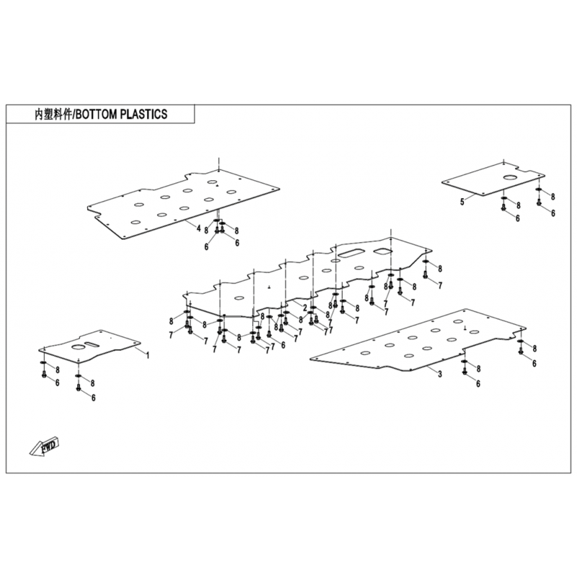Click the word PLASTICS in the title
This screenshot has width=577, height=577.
tap(144, 114)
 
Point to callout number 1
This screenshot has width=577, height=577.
tap(147, 355)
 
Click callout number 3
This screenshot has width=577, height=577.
tap(439, 374)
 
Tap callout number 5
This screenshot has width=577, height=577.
tap(462, 203)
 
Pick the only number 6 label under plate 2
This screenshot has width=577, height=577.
tap(283, 345)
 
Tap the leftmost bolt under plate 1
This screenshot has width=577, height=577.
tap(44, 375)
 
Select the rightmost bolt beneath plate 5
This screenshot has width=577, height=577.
tap(539, 203)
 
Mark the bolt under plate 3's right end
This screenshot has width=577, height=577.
tap(521, 352)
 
